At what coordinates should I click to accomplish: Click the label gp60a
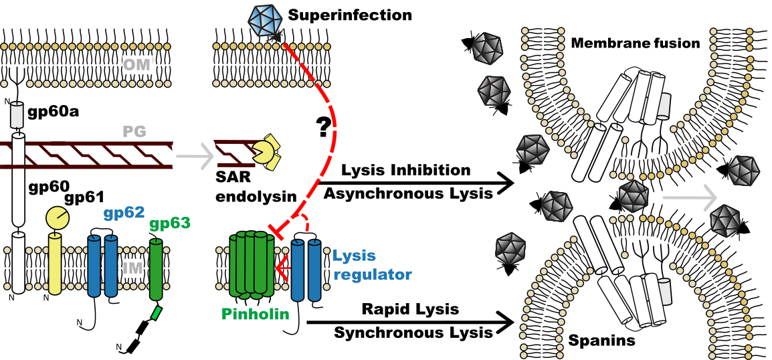click(53, 110)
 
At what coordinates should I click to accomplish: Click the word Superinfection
click(350, 14)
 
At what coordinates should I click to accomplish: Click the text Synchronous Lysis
click(413, 331)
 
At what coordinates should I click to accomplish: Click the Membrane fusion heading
click(635, 43)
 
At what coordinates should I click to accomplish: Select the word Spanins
click(601, 341)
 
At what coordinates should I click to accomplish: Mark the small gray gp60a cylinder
click(16, 117)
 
